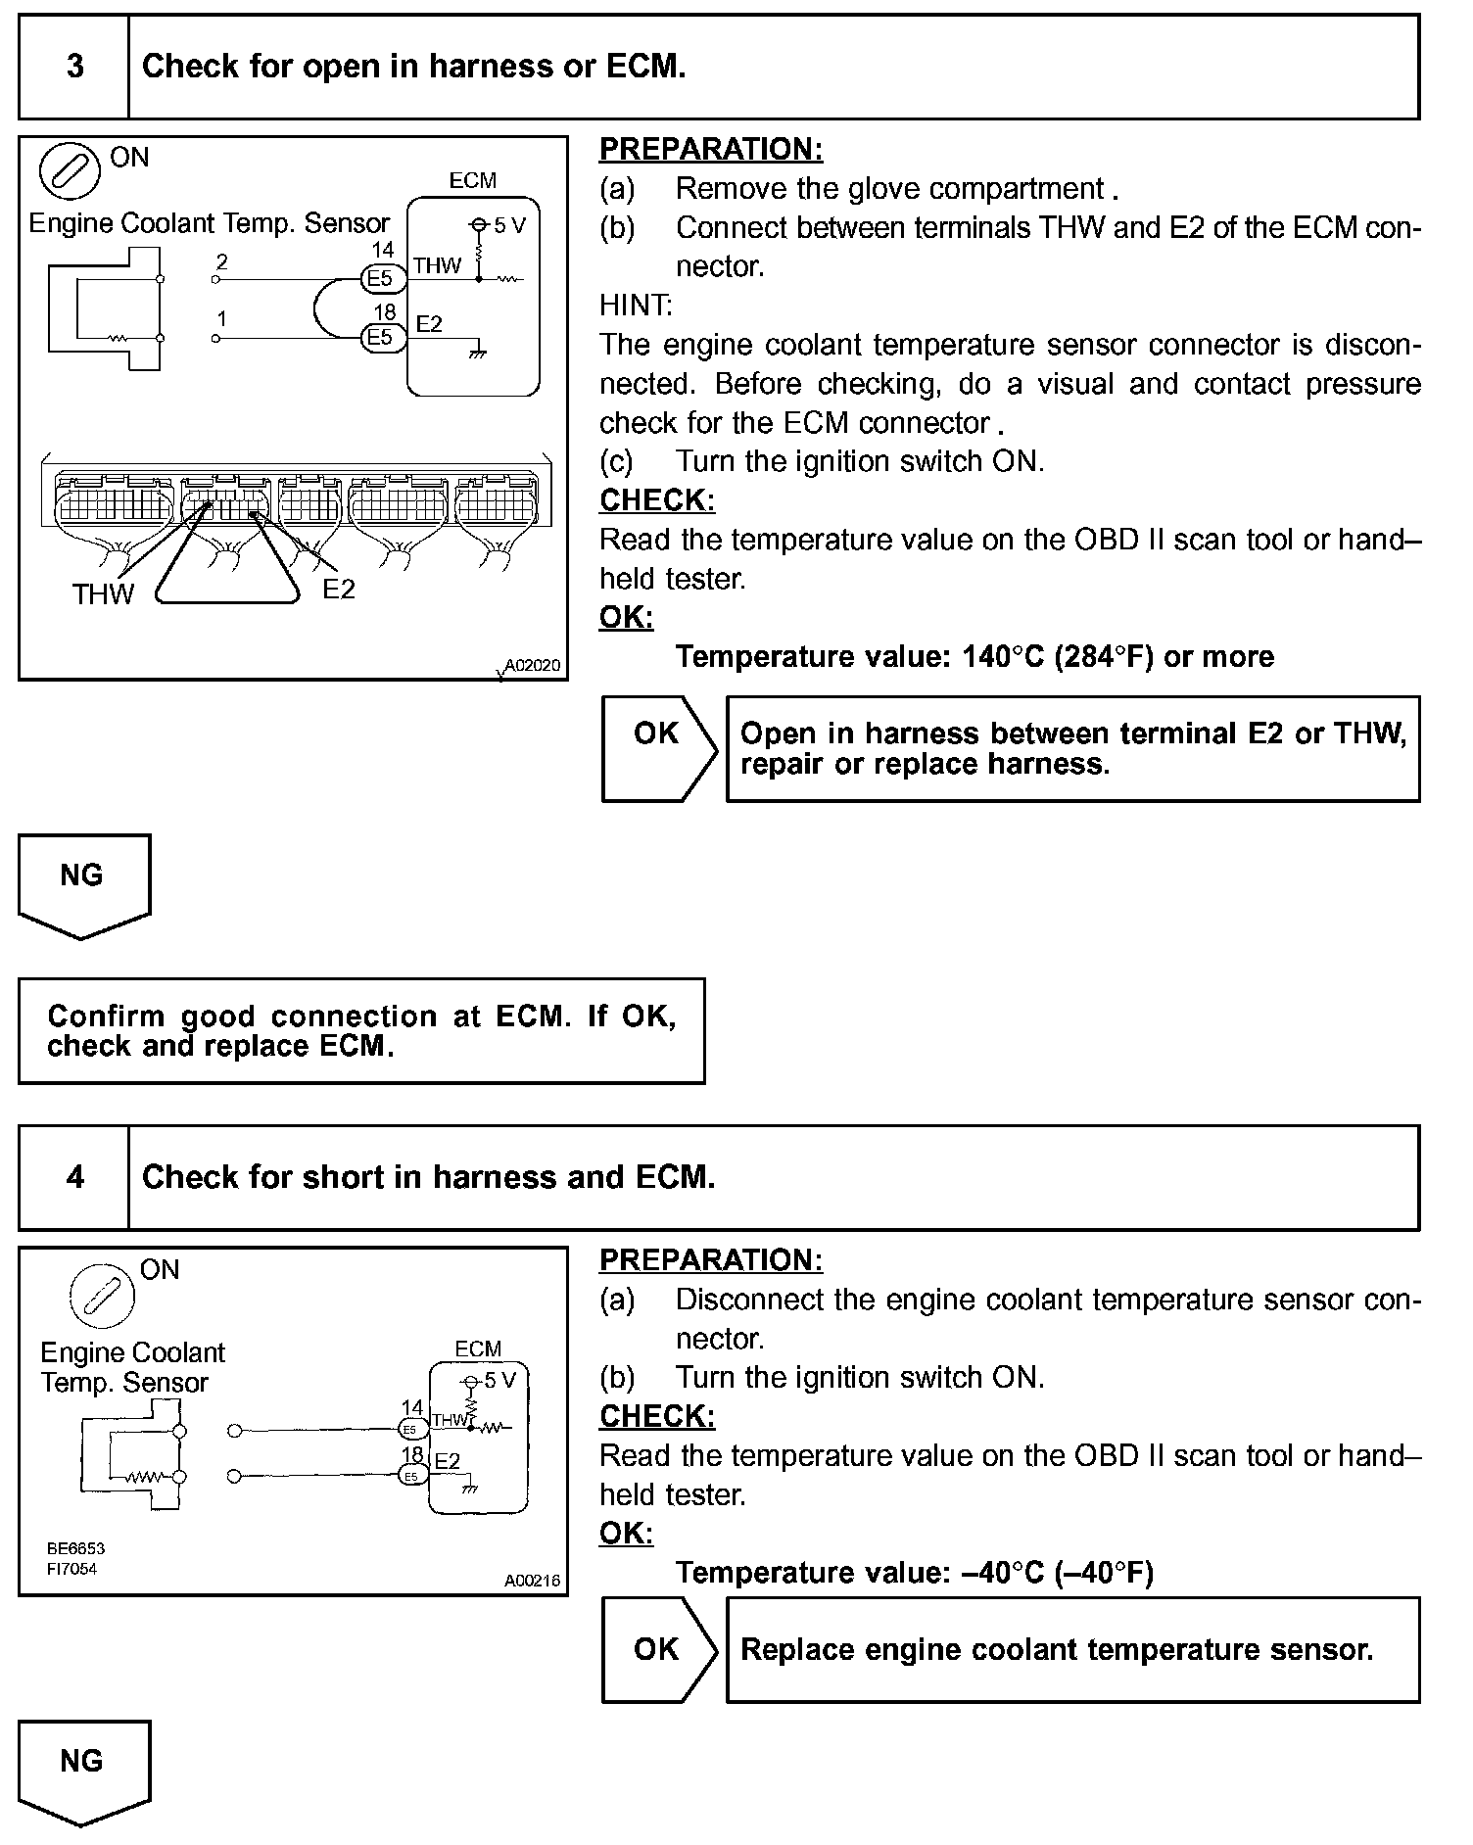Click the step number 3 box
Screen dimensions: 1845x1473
[x=74, y=67]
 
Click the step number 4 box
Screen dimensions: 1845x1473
[x=74, y=1177]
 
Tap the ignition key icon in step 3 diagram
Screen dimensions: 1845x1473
[x=70, y=172]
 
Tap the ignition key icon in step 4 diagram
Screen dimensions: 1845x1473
[x=102, y=1296]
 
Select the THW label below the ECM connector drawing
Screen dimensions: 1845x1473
[x=103, y=593]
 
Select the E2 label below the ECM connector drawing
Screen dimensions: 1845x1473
[x=339, y=589]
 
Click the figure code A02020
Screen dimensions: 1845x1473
[x=533, y=666]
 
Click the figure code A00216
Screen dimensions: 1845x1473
[x=532, y=1581]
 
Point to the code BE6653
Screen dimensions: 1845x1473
[x=75, y=1548]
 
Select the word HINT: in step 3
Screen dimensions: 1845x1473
[x=636, y=306]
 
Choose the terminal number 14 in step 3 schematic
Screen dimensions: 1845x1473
[x=382, y=252]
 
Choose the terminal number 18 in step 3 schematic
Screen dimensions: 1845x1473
[x=384, y=311]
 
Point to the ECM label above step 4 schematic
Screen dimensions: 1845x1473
[x=478, y=1348]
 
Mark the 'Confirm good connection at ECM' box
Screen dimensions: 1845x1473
[x=361, y=1030]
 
